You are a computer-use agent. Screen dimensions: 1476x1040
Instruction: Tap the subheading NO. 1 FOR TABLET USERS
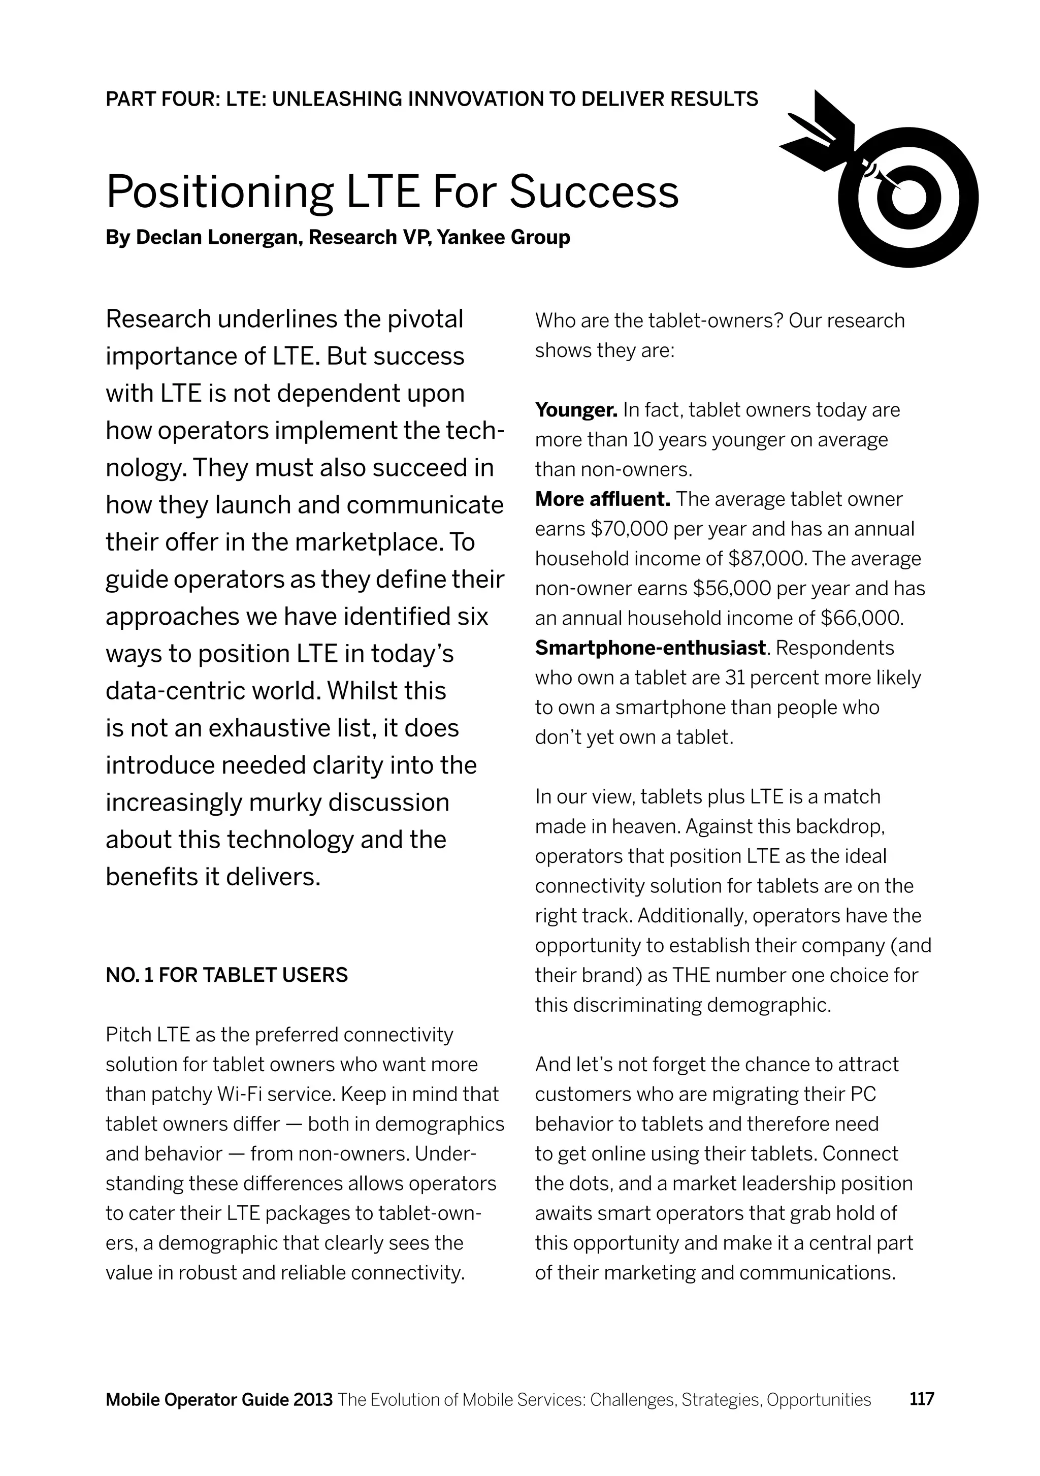(x=226, y=975)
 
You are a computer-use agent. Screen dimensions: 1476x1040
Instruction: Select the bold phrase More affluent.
(x=602, y=499)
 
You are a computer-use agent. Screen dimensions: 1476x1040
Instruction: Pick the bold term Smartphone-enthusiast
(x=650, y=648)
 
